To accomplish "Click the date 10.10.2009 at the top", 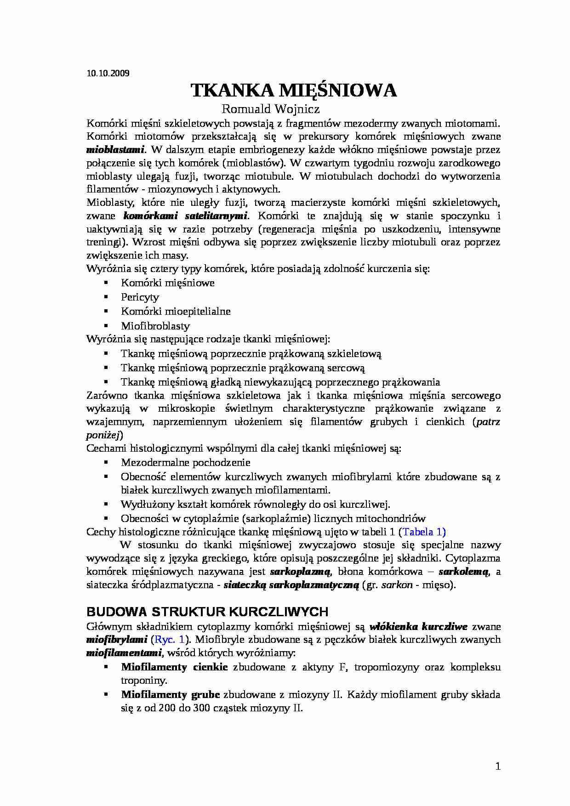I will point(108,73).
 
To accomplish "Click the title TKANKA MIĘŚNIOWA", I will point(293,91).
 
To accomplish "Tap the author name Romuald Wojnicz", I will point(270,109).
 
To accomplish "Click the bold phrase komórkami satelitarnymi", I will point(186,216).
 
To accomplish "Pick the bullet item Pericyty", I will point(140,297).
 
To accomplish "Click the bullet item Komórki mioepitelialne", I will point(176,311).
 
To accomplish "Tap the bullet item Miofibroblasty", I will point(155,326).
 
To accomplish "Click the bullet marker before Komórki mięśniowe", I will point(106,283).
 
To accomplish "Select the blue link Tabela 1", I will point(422,532).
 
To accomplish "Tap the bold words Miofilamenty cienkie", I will point(174,667).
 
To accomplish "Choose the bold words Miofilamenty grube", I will point(170,694).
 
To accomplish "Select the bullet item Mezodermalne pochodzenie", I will point(185,463).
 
